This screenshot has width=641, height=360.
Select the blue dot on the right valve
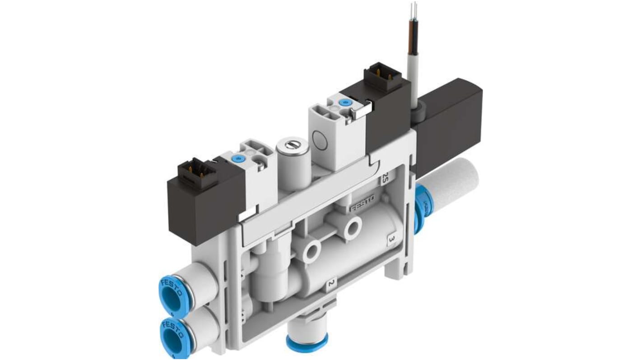[x=346, y=103]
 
